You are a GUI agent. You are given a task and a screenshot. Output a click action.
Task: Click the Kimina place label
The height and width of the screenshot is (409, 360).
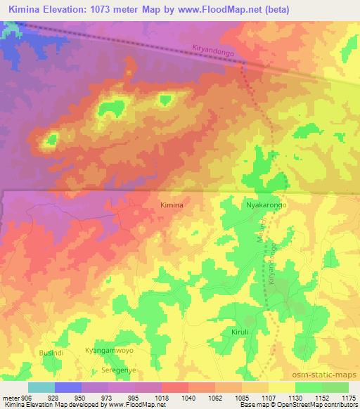[x=172, y=204]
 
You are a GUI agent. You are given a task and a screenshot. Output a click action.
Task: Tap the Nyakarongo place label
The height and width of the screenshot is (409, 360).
[x=266, y=204]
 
